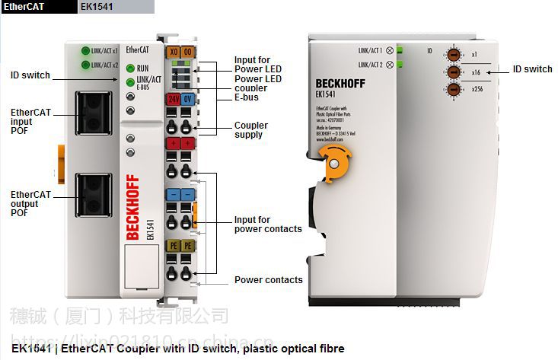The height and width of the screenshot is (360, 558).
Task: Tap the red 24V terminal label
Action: tap(174, 99)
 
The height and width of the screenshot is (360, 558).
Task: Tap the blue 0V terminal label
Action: tap(187, 99)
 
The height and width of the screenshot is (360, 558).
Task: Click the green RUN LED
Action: tap(130, 68)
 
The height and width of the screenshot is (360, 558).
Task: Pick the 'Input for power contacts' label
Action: tap(268, 225)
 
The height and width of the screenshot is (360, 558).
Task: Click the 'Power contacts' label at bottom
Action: tap(268, 280)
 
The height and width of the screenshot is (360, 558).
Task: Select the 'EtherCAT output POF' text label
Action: tap(30, 204)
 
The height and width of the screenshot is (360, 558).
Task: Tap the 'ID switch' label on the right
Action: tap(532, 69)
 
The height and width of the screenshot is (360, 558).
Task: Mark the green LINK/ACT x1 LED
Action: tap(86, 51)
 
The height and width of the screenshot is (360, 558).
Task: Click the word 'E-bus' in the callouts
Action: tap(247, 98)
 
